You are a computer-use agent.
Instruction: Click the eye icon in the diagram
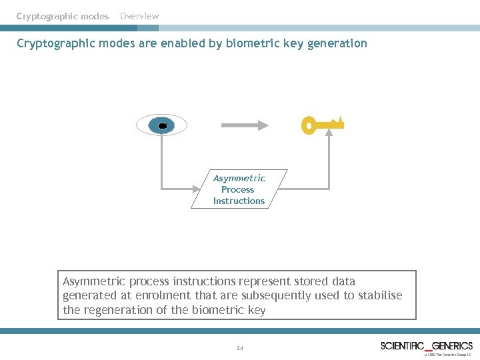(x=161, y=125)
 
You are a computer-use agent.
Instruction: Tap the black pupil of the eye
(x=161, y=125)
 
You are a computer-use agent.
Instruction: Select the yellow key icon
(x=323, y=125)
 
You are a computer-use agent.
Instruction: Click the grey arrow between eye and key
(x=244, y=125)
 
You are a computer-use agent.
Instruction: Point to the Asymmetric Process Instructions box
(x=239, y=189)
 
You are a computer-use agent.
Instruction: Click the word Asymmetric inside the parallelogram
(x=239, y=178)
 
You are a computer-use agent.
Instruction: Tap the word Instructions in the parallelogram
(x=239, y=201)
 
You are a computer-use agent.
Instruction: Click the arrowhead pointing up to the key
(x=329, y=133)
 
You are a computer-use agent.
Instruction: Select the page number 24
(x=240, y=347)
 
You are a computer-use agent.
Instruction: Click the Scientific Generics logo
(x=426, y=345)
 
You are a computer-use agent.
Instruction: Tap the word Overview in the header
(x=139, y=16)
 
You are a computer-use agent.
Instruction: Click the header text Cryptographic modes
(x=62, y=16)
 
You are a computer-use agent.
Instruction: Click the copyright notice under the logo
(x=447, y=355)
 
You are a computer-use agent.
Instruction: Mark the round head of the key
(x=308, y=125)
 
